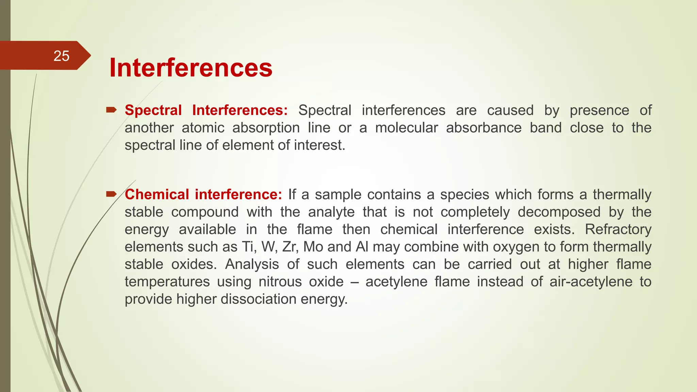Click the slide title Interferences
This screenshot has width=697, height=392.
191,68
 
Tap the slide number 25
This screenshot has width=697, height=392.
61,56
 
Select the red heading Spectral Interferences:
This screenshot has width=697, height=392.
206,110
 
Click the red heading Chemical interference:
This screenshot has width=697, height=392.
203,195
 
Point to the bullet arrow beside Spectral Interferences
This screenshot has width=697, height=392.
111,110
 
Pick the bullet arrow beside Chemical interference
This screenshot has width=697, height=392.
111,194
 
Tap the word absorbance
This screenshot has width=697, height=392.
484,128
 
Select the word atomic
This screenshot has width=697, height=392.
203,128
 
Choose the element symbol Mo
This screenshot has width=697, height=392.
313,247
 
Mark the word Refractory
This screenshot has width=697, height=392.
618,229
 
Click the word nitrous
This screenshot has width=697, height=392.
280,282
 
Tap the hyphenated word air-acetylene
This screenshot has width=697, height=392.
591,282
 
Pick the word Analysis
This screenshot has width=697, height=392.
252,264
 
